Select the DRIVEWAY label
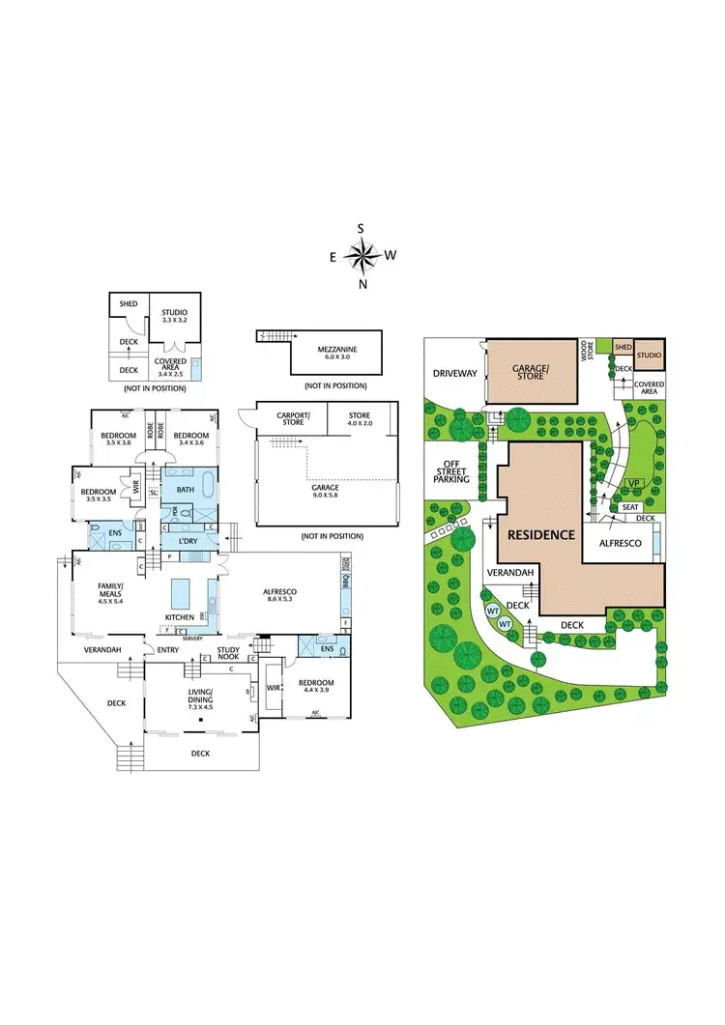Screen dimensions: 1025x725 (x=454, y=372)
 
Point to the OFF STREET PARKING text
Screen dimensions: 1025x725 (x=451, y=470)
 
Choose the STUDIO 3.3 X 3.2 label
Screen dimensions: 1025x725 (x=174, y=316)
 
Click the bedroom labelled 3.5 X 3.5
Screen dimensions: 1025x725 (x=101, y=495)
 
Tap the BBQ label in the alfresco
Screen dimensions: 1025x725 (x=345, y=580)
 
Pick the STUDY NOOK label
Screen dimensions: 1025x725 (x=229, y=654)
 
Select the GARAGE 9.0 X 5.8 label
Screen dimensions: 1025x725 (x=325, y=492)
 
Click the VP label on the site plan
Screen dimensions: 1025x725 (x=634, y=483)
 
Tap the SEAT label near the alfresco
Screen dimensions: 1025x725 (x=629, y=506)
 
